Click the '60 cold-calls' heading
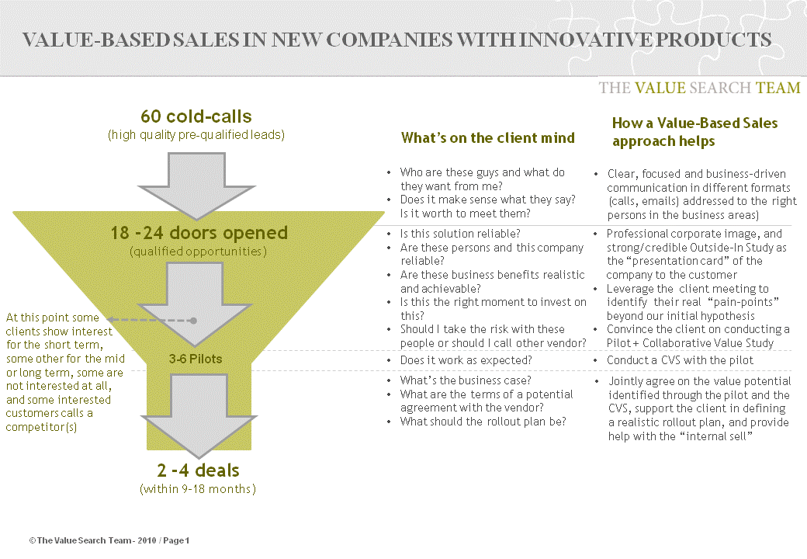[x=196, y=116]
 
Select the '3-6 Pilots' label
[x=196, y=359]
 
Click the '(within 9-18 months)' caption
[x=197, y=489]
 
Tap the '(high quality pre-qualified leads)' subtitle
[x=196, y=135]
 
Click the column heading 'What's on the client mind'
[x=487, y=138]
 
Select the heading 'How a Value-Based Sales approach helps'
[x=694, y=132]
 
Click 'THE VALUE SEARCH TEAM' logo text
[x=699, y=88]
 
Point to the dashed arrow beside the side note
[x=151, y=320]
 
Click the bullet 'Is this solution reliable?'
[x=459, y=234]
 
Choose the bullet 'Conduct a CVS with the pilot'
[x=680, y=360]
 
